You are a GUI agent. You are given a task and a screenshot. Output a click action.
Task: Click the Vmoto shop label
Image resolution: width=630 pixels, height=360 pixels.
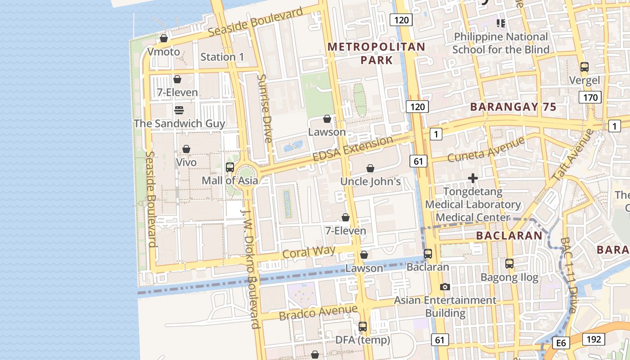[x=164, y=52]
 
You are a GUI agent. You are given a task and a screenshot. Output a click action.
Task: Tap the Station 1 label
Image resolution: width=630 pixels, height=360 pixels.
[x=222, y=57]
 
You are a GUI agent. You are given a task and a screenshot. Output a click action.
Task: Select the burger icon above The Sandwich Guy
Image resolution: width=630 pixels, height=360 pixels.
[x=179, y=110]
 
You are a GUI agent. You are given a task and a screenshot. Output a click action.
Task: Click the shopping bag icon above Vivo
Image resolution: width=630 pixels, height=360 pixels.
[x=186, y=149]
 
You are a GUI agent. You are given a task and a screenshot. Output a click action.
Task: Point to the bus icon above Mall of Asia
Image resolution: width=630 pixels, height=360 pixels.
[x=229, y=167]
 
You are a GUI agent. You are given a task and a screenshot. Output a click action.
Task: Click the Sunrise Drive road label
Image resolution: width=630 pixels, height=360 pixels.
[x=264, y=108]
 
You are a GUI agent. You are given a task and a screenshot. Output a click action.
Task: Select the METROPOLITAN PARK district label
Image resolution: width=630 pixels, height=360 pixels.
[x=376, y=53]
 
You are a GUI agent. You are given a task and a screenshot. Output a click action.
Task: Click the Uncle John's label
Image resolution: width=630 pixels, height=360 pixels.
[x=370, y=181]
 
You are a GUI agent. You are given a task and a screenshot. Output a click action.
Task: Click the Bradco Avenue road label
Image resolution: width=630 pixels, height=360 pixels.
[x=318, y=312]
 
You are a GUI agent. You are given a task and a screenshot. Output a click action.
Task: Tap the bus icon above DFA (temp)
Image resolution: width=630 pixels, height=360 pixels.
[x=363, y=327]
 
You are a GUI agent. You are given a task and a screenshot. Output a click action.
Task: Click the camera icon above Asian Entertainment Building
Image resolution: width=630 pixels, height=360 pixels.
[x=445, y=287]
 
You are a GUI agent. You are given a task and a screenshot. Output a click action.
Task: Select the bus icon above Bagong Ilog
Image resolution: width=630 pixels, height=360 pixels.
[x=509, y=264]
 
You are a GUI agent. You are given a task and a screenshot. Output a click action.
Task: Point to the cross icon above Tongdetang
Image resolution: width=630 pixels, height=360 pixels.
[x=472, y=179]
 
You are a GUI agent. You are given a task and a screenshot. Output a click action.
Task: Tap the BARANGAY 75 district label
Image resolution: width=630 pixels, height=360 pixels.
[x=513, y=107]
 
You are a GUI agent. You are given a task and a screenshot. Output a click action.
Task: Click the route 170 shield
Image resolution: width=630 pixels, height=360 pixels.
[x=590, y=97]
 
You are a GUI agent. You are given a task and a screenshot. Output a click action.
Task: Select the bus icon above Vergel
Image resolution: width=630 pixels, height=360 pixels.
[x=584, y=67]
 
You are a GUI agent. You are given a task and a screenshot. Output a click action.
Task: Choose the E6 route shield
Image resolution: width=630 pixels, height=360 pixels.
[x=561, y=343]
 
